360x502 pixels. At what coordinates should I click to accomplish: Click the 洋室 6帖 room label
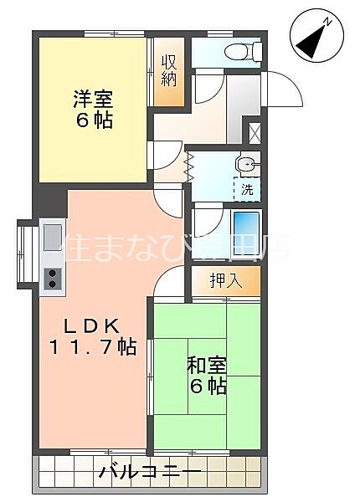[91, 107]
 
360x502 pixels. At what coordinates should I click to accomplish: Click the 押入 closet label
[225, 280]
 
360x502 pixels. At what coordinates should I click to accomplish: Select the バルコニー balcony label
[150, 474]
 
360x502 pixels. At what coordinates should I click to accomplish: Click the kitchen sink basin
[52, 233]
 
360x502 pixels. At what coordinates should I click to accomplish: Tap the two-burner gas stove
[53, 279]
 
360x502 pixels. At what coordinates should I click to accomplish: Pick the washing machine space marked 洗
[247, 189]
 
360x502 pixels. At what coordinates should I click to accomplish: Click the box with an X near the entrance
[255, 132]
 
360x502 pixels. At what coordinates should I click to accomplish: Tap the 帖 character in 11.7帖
[127, 347]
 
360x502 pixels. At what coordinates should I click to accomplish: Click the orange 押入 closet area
[224, 280]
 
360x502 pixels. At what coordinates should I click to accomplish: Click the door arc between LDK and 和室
[167, 280]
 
